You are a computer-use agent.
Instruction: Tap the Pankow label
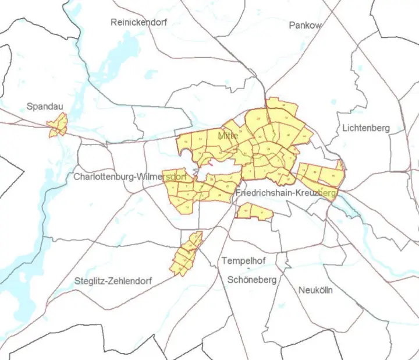pyautogui.click(x=306, y=25)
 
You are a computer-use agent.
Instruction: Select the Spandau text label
pyautogui.click(x=45, y=107)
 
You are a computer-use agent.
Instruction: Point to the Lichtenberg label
pyautogui.click(x=365, y=128)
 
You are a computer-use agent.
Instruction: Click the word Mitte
pyautogui.click(x=228, y=135)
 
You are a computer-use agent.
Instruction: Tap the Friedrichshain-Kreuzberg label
pyautogui.click(x=287, y=192)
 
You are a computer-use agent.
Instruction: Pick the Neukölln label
pyautogui.click(x=315, y=290)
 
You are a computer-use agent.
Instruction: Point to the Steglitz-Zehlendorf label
pyautogui.click(x=113, y=281)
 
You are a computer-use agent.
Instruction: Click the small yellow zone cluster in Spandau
pyautogui.click(x=58, y=125)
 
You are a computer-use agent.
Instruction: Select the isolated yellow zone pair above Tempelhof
pyautogui.click(x=254, y=211)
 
